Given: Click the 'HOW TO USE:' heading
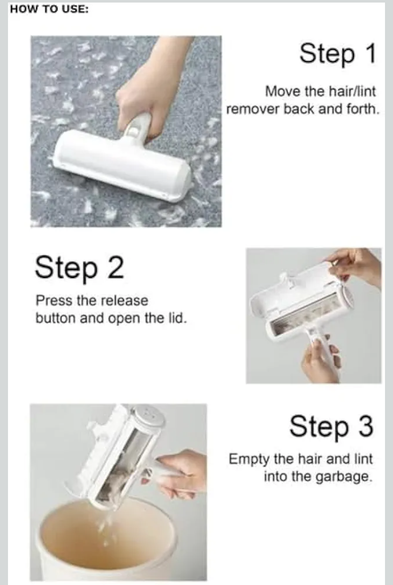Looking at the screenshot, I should tap(49, 9).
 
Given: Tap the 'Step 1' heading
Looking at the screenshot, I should tap(337, 54).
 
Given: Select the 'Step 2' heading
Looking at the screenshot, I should tap(79, 268).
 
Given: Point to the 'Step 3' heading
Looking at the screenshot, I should tap(331, 427).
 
